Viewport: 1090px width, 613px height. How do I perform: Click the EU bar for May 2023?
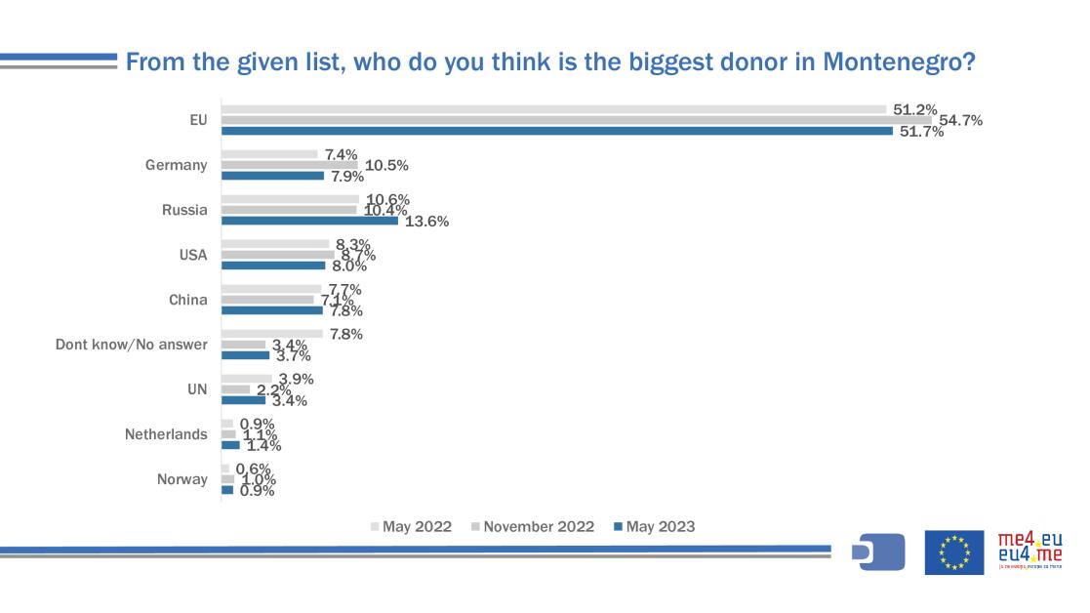tap(556, 131)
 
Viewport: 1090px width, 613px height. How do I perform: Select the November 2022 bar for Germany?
tap(289, 165)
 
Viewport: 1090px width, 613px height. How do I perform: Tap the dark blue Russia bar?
tap(309, 221)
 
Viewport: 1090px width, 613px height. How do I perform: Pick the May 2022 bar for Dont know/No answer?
tap(271, 333)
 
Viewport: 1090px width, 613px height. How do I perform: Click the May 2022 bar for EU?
tap(553, 109)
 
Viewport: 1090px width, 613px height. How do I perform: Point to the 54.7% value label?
tap(960, 120)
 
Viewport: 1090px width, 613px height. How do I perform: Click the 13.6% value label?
tap(426, 222)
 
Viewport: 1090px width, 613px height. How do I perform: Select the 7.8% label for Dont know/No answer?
tap(346, 334)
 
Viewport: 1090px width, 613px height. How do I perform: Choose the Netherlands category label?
tap(166, 434)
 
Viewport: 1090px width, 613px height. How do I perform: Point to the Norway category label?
tap(182, 479)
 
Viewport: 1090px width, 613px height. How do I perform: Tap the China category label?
tap(187, 300)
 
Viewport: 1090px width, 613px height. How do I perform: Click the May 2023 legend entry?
tap(655, 527)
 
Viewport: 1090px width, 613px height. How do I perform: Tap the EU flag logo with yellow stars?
tap(953, 552)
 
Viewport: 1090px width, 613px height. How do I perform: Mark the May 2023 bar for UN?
tap(243, 400)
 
